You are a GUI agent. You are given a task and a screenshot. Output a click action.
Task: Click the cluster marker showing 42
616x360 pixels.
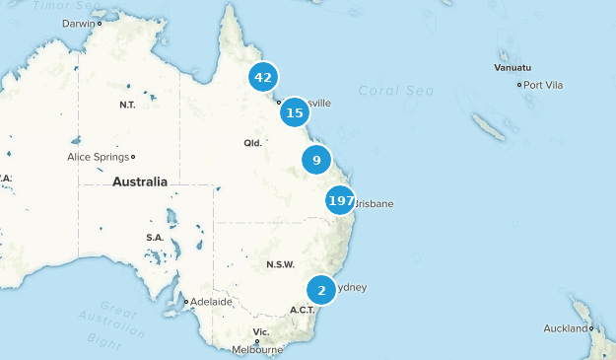[x=262, y=77]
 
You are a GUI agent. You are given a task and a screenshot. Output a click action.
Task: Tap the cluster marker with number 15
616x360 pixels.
[x=294, y=113]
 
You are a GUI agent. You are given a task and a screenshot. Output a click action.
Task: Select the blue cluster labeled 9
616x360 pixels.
[x=316, y=160]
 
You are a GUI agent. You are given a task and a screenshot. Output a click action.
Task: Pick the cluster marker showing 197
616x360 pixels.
[x=341, y=201]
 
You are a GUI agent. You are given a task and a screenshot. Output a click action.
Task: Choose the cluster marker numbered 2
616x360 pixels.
[x=321, y=291]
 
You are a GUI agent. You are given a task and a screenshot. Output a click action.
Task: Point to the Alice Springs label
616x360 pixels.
[x=98, y=157]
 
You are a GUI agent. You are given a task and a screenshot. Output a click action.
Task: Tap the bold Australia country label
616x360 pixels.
[x=139, y=181]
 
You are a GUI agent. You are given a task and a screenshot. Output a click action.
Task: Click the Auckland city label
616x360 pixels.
[x=565, y=328]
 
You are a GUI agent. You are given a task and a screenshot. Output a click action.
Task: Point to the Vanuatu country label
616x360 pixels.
[x=513, y=67]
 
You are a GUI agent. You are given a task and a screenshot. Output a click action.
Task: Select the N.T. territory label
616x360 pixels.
[x=127, y=105]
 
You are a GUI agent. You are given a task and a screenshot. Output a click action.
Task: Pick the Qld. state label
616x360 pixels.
[x=253, y=143]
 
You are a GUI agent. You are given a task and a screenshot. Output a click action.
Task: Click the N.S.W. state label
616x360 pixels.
[x=280, y=264]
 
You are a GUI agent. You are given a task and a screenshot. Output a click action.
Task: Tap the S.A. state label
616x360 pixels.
[x=155, y=238]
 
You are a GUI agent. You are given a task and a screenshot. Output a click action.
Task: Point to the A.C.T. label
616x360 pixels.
[x=302, y=310]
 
